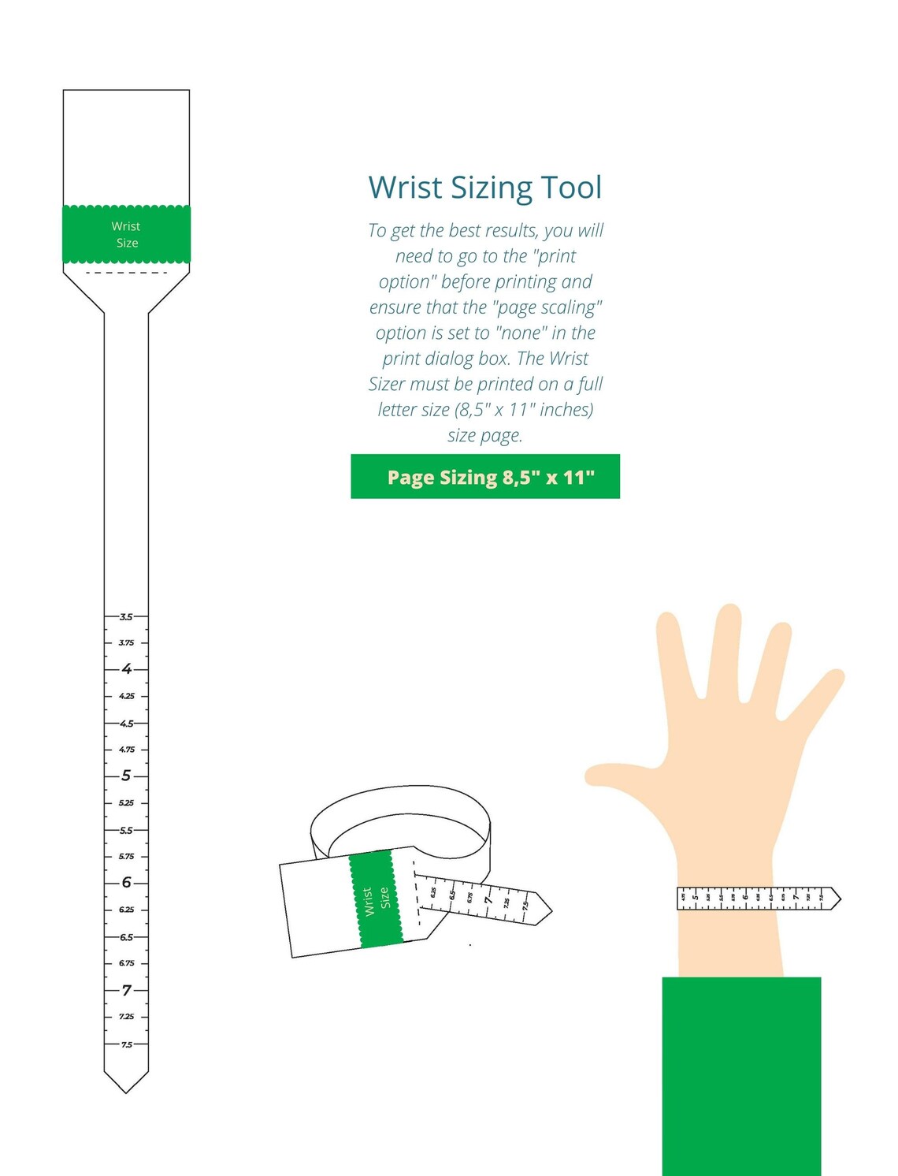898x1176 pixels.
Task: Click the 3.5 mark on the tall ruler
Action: tap(126, 616)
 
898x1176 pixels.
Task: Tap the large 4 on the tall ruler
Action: tap(126, 669)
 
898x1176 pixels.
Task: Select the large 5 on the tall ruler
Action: tap(126, 776)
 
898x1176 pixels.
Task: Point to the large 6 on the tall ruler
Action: tap(126, 883)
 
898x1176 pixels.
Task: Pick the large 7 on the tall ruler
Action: tap(126, 990)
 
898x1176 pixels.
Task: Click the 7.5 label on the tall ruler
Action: tap(126, 1044)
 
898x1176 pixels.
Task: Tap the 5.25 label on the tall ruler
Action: tap(126, 803)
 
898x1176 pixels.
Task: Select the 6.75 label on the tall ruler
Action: tap(126, 963)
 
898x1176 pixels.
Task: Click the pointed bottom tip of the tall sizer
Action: tap(126, 1091)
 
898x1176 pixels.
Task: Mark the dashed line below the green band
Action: tap(126, 273)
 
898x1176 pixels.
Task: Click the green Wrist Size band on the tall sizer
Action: tap(126, 234)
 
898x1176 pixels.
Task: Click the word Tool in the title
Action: tap(571, 188)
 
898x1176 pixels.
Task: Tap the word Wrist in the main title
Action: tap(406, 188)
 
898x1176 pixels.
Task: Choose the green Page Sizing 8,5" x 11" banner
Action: tap(485, 477)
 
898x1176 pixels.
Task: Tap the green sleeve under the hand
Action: tap(741, 1076)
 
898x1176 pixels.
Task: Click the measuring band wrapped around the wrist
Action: tap(756, 898)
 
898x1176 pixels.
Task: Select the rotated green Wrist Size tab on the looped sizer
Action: tap(375, 899)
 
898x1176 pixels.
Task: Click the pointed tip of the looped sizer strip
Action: tap(550, 910)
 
